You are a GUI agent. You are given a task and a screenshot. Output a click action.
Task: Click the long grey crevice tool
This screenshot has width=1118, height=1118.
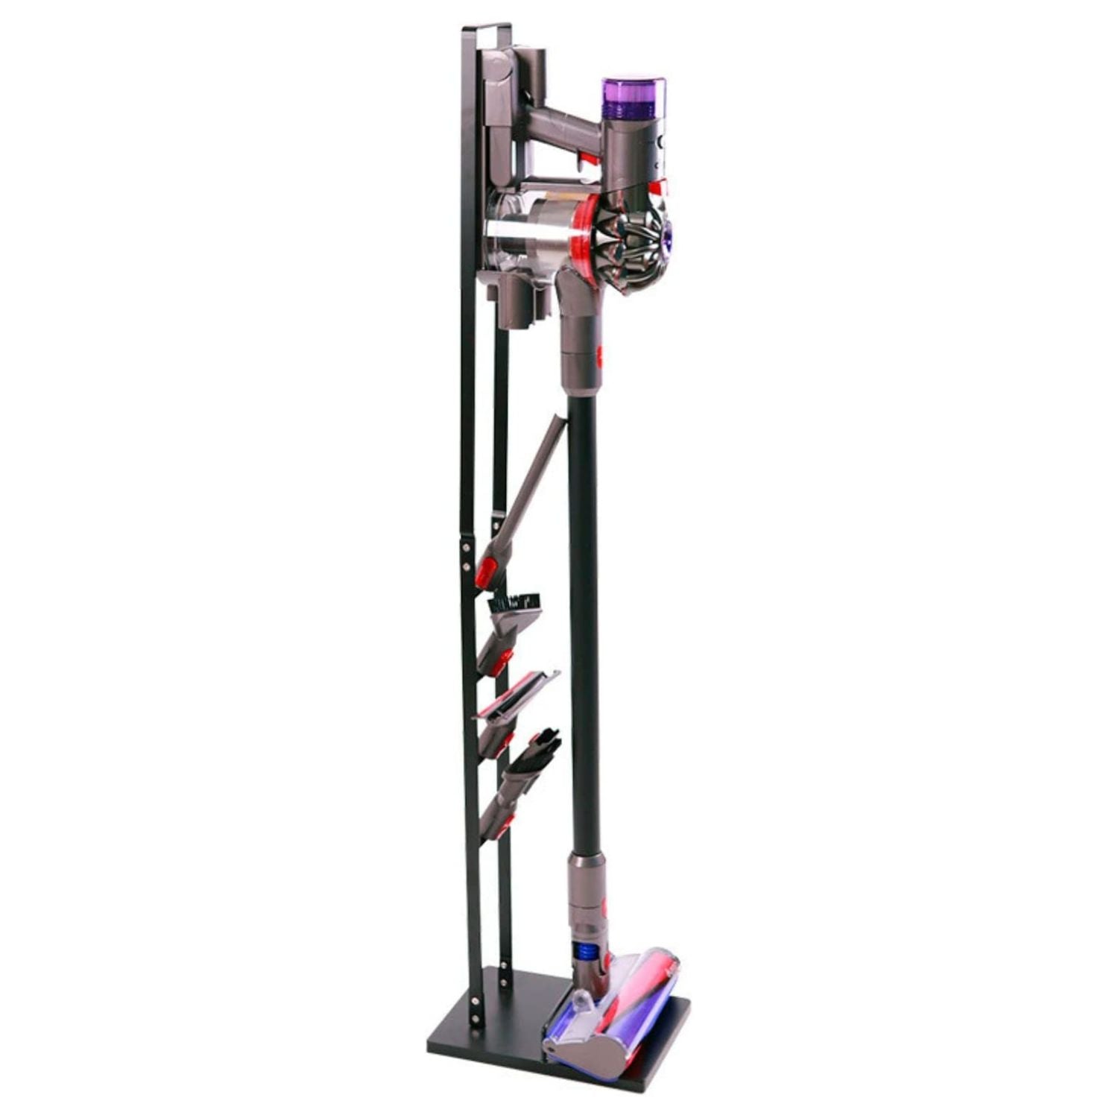click(x=533, y=477)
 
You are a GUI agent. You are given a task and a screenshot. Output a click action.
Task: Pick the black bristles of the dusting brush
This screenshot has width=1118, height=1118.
click(x=514, y=601)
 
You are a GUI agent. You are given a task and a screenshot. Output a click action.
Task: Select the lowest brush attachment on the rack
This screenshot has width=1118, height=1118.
click(x=522, y=775)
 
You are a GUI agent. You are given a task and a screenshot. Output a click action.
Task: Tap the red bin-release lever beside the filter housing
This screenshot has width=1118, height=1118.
click(x=655, y=187)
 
